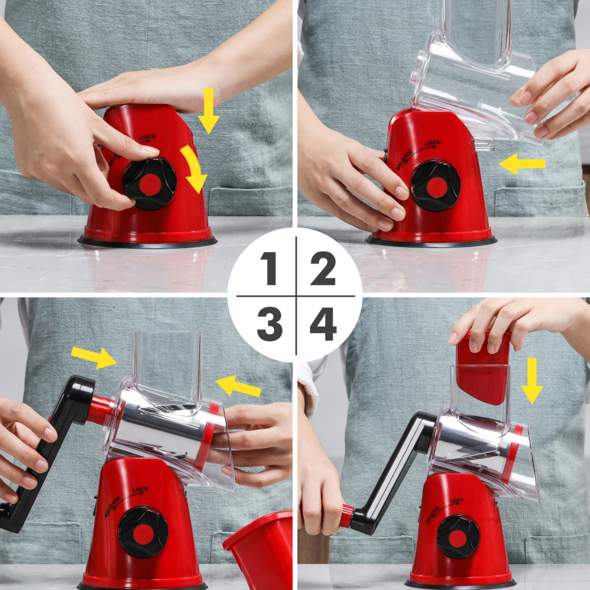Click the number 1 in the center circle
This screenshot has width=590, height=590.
(269, 268)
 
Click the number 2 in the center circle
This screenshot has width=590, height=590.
(323, 268)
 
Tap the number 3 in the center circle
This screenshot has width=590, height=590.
(270, 324)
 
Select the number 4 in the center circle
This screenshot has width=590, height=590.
(323, 324)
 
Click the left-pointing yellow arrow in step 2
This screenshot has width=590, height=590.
(522, 164)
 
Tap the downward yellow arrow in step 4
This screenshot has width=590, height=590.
(532, 381)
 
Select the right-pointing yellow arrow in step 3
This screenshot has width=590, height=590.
(94, 357)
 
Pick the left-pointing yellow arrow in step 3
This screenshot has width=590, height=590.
(238, 386)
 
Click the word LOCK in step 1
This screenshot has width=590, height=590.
(147, 137)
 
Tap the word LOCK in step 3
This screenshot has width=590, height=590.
(140, 490)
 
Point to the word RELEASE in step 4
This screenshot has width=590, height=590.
(432, 515)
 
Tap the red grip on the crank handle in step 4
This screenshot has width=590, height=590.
(346, 516)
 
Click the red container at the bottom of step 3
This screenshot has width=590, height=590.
(259, 549)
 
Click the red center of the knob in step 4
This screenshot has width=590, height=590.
(458, 538)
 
